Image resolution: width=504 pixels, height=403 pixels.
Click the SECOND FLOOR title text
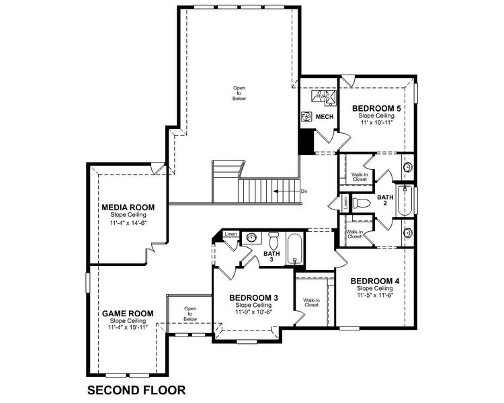(136, 390)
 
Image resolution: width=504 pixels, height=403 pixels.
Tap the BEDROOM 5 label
(376, 107)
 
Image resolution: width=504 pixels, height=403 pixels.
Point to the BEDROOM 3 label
(253, 298)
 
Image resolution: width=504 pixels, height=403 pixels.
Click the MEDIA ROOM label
(128, 207)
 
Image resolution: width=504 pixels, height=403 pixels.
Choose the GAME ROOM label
(128, 313)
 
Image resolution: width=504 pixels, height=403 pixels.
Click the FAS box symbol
(306, 116)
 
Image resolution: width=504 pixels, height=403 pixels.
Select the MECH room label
(325, 117)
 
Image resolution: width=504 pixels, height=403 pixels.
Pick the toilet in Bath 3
(274, 240)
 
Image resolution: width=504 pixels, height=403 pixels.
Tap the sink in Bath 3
(251, 237)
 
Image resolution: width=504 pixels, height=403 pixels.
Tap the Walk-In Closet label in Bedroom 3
(310, 302)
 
